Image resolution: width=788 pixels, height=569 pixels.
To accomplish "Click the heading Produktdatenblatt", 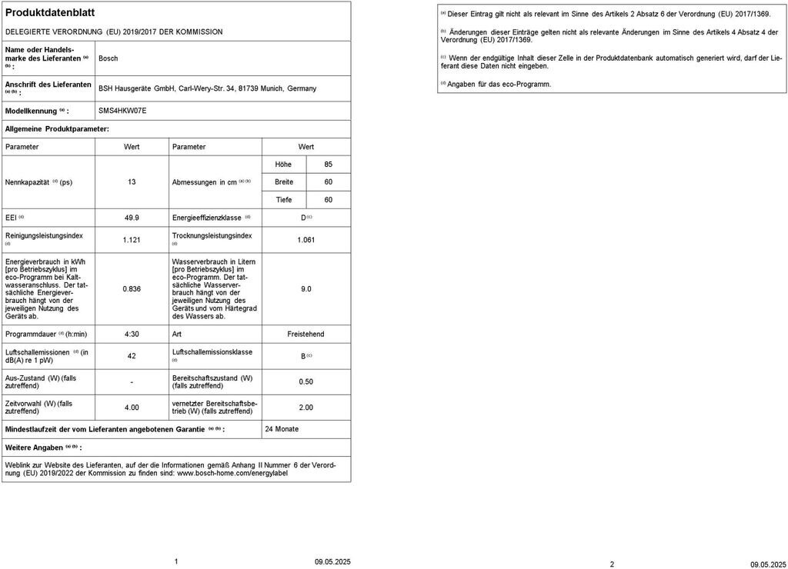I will (50, 13).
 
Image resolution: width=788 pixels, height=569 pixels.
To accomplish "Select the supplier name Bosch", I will (109, 58).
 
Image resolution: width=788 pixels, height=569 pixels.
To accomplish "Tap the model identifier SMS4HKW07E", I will (122, 111).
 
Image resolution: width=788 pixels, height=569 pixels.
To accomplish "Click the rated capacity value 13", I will (132, 182).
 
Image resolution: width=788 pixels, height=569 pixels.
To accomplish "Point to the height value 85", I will (329, 165).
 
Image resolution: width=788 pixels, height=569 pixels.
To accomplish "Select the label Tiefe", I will (284, 200).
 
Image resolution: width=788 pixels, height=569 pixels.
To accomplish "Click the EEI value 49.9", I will (132, 218).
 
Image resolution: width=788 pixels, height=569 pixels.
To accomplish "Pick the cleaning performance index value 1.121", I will (132, 240).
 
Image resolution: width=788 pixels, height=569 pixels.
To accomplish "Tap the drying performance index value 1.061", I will (306, 240).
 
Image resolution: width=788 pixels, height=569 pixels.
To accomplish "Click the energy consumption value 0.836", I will (132, 289).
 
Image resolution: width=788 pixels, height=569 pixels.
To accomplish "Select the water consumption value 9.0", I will (306, 289).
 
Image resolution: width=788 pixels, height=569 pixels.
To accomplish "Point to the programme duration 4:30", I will (132, 334).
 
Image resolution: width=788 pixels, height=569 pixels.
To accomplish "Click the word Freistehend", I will (306, 334).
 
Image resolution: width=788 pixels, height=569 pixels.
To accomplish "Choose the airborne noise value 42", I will (132, 356).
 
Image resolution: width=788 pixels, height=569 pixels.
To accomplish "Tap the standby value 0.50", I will (306, 382).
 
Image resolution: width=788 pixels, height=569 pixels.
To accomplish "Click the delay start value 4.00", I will (132, 408).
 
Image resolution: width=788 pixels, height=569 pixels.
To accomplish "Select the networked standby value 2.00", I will (306, 408).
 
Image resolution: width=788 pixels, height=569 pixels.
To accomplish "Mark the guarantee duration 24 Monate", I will (282, 429).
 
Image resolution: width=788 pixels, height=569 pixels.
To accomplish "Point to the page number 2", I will (612, 564).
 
